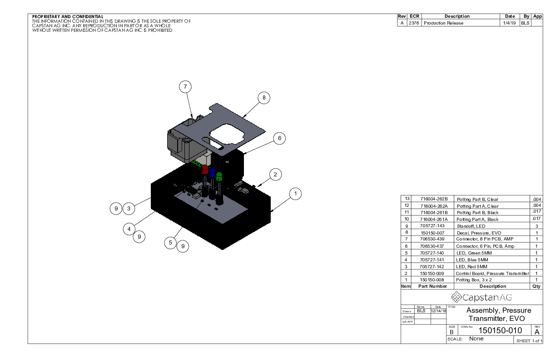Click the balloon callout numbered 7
point(185,86)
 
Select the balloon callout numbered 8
point(263,97)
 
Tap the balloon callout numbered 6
point(280,138)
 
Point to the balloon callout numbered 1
point(295,194)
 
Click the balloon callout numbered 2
point(275,174)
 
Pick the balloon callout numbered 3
point(129,209)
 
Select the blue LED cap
point(212,172)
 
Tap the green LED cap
point(219,176)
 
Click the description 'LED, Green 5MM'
point(473,253)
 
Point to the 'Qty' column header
point(536,286)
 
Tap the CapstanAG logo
point(482,297)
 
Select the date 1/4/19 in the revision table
point(509,23)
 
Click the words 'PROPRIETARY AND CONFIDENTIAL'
point(68,17)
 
